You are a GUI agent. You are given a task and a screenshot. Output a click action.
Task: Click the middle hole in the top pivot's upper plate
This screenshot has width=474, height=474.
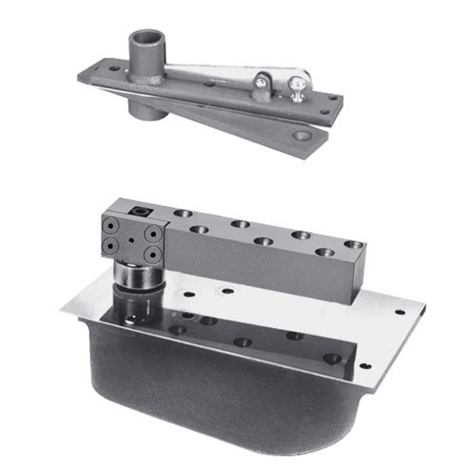coord(210,84)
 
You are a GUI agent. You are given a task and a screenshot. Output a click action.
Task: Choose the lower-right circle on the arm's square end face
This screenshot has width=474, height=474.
coord(153,255)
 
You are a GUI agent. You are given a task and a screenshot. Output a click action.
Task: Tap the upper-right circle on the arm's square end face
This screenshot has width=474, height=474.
coord(153,233)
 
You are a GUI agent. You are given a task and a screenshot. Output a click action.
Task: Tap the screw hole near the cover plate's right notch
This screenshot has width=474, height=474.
coord(399,312)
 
